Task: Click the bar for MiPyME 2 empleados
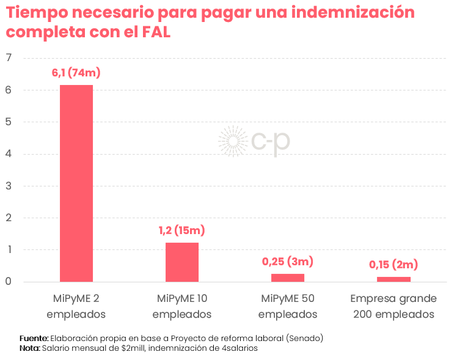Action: pos(76,183)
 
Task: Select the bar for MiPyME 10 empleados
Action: pos(182,262)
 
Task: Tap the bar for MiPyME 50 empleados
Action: pos(288,277)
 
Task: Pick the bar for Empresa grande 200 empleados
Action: pos(393,279)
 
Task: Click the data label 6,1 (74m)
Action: pos(76,73)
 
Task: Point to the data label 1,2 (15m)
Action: pos(182,230)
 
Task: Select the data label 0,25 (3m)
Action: pos(288,262)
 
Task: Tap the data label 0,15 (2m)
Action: pos(393,265)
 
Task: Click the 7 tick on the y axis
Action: pos(9,58)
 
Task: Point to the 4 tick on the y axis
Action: pos(9,154)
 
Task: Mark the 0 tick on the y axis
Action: pos(9,282)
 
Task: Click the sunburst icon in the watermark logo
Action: pos(233,141)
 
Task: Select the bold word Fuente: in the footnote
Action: pos(34,338)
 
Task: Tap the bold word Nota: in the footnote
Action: pos(30,348)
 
